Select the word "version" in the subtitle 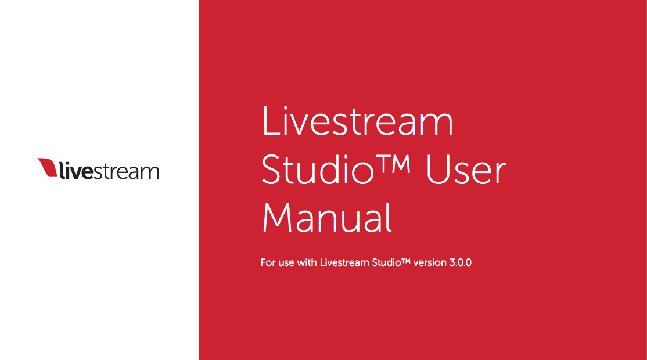click(430, 262)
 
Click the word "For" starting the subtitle click(268, 262)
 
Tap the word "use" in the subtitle click(286, 263)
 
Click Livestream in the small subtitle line click(344, 262)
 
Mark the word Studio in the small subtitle click(386, 262)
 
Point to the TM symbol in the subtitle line click(406, 261)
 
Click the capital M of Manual click(278, 217)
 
